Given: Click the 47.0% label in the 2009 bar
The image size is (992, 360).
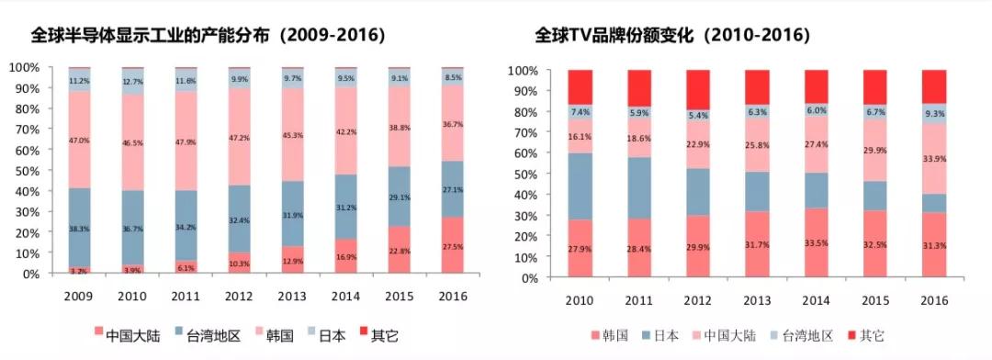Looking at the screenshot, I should click(79, 141).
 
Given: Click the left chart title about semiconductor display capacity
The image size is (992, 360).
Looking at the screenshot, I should click(208, 36).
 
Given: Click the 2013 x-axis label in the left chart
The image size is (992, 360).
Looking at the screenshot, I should click(292, 295).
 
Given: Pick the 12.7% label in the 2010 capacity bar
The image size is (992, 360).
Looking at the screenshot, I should click(132, 82).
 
